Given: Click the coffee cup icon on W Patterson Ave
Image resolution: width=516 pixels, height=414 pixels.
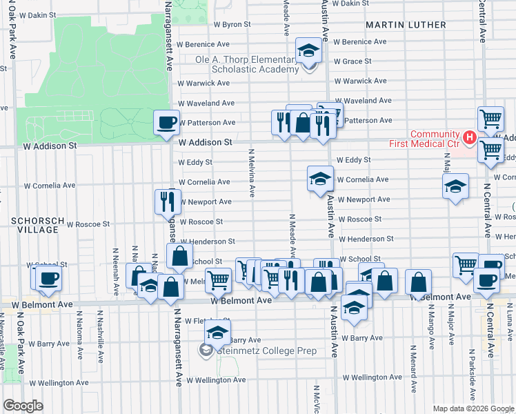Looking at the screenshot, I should [x=166, y=123].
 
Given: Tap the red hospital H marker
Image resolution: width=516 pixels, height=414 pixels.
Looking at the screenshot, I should [x=470, y=138].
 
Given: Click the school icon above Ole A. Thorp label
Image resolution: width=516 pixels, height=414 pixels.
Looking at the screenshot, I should [x=308, y=51].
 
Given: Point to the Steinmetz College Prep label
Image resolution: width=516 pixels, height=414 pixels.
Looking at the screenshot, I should [x=266, y=351].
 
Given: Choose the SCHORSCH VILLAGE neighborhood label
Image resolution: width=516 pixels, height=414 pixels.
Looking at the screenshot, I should [x=37, y=226].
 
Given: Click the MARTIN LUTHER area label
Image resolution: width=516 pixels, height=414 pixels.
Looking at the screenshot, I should [x=406, y=25].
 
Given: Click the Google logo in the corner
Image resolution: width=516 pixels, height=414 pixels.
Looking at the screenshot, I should [x=23, y=405].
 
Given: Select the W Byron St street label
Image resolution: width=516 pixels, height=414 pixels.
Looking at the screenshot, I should [x=226, y=24].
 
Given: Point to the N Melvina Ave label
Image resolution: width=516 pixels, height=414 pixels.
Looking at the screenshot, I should [x=252, y=172].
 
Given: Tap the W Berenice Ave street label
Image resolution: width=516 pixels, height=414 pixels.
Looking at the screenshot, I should [x=359, y=41].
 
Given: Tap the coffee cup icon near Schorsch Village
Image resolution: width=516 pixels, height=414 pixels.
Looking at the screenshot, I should [x=48, y=279].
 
